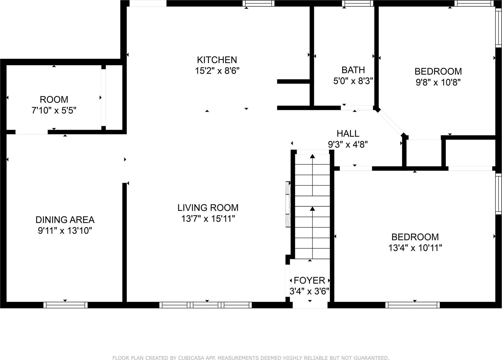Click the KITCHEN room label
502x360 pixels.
tap(217, 60)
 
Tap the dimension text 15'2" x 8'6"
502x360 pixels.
tap(217, 71)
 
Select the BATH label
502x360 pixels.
tap(353, 70)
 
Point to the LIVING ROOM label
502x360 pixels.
tap(208, 208)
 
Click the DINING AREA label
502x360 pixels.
tap(65, 220)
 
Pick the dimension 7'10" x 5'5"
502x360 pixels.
tap(54, 111)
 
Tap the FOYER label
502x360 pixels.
tap(309, 280)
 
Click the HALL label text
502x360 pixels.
tap(348, 134)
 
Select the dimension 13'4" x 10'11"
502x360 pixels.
tap(415, 248)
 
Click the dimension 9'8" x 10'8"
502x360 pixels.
tap(438, 82)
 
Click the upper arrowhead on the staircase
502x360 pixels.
tap(312, 156)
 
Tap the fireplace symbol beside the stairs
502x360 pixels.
tap(288, 204)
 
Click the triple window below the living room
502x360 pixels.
tap(205, 305)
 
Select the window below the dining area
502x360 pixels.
tap(65, 305)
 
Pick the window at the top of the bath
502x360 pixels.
tap(357, 3)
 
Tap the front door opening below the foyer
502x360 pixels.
tap(310, 305)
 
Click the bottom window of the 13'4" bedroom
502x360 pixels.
tap(412, 305)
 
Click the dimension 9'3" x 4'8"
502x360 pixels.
tap(348, 145)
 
